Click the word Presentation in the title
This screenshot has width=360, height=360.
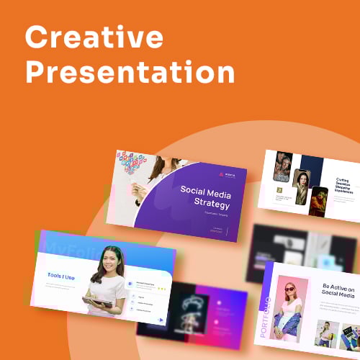pyautogui.click(x=130, y=72)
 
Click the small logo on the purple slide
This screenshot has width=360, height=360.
pyautogui.click(x=220, y=174)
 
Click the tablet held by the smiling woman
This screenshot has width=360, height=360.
pyautogui.click(x=97, y=302)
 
